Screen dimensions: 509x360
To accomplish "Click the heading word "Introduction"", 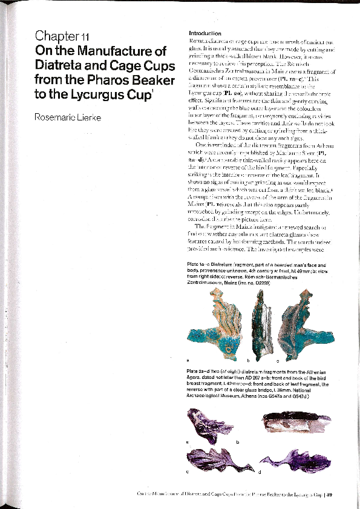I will (x=205, y=33).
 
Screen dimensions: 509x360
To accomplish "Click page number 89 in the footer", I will (x=329, y=494).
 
